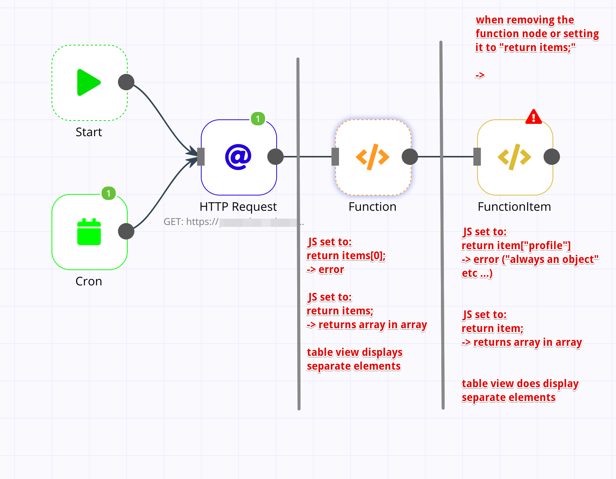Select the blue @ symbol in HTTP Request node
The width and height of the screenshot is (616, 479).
point(238,157)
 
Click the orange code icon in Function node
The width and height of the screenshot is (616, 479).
point(373,157)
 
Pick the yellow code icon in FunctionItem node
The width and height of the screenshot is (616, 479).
point(514,157)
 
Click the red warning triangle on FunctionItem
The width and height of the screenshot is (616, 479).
point(533,117)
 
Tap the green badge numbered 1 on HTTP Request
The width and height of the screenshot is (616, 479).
point(258,119)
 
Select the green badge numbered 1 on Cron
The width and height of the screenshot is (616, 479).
point(109,193)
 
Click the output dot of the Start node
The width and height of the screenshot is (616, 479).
point(126,82)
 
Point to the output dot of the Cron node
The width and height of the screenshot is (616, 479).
point(126,231)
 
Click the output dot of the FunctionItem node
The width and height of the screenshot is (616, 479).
point(551,157)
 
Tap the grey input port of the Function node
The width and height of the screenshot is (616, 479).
point(335,157)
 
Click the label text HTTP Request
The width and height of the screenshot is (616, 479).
point(238,207)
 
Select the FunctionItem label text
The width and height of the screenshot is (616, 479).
point(514,207)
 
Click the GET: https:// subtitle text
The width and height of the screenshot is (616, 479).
point(191,222)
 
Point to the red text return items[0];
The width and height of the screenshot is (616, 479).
point(346,256)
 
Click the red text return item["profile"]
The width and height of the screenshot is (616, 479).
point(516,246)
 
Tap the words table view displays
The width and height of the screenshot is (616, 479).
point(354,352)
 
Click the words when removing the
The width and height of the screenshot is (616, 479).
point(525,20)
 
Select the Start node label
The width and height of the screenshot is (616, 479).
point(89,132)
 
